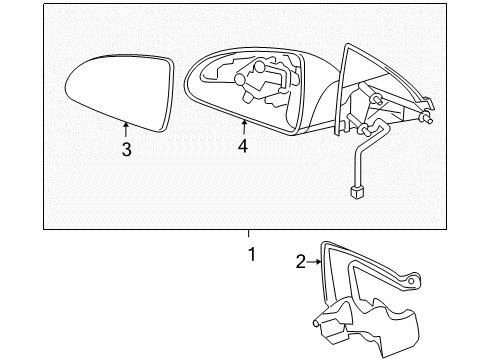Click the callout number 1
[251, 255]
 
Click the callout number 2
[300, 263]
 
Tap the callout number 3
[126, 151]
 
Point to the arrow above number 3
[126, 128]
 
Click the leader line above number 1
[251, 237]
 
